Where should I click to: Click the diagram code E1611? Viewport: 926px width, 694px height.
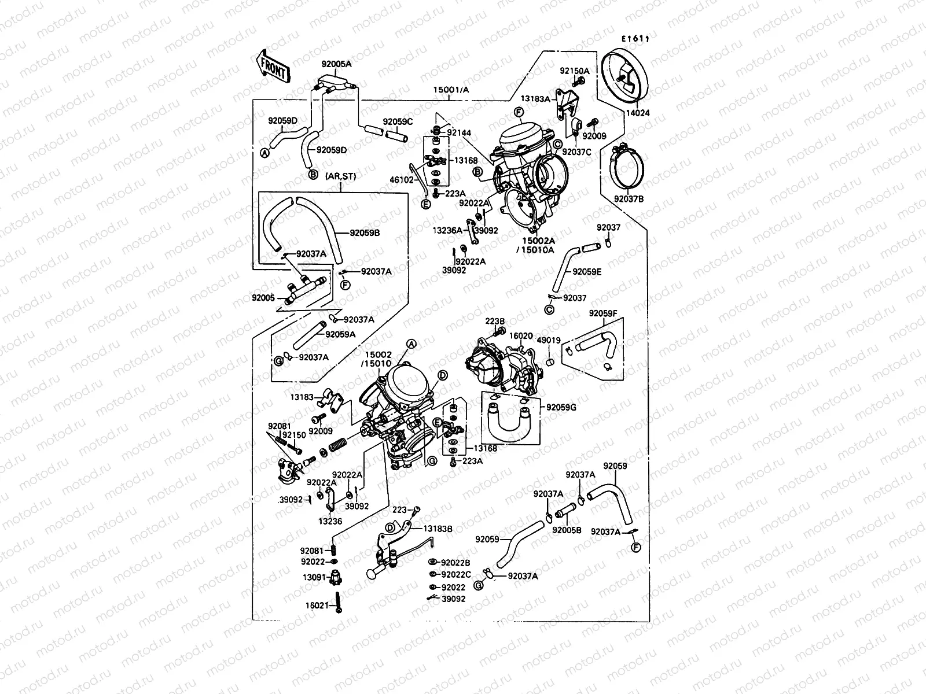pos(635,39)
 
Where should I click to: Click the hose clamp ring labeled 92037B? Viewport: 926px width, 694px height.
pos(628,167)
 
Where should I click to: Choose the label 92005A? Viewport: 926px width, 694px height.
pos(336,64)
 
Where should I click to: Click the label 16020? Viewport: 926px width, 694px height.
pos(521,335)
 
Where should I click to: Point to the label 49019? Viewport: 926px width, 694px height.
pos(549,341)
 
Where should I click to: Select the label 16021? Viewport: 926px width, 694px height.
pos(317,606)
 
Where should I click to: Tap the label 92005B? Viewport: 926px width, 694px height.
pos(566,530)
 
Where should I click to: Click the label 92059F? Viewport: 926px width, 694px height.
pos(604,313)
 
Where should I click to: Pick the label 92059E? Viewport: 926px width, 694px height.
pos(587,271)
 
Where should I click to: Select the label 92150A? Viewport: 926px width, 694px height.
pos(574,71)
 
